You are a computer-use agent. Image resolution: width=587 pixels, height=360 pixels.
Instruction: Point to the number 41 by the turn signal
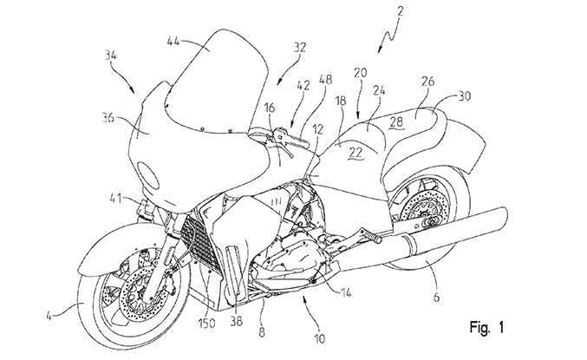click(x=114, y=200)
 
